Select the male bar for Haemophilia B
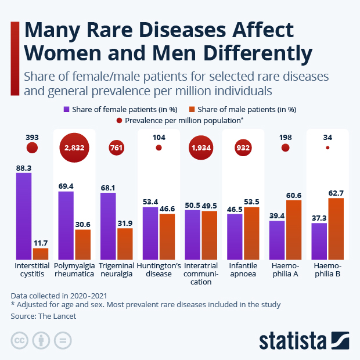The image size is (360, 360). coord(336,229)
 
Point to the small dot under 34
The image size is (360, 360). coord(327,148)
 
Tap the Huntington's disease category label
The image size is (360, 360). coord(159,269)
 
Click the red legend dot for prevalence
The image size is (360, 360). coord(119,120)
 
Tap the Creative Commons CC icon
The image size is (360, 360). coord(20,340)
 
